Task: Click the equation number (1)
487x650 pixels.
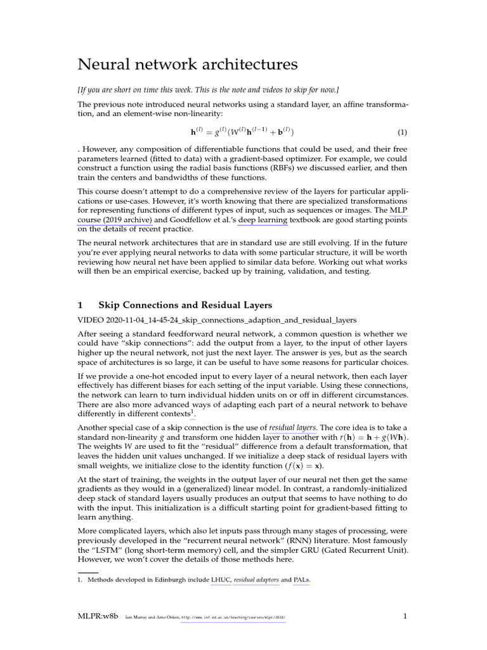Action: [401, 133]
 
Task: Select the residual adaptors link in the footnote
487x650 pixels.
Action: [256, 580]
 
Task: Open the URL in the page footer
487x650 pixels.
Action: [233, 618]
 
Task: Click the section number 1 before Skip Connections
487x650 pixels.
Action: [80, 305]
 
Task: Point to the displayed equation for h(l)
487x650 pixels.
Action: [243, 133]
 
